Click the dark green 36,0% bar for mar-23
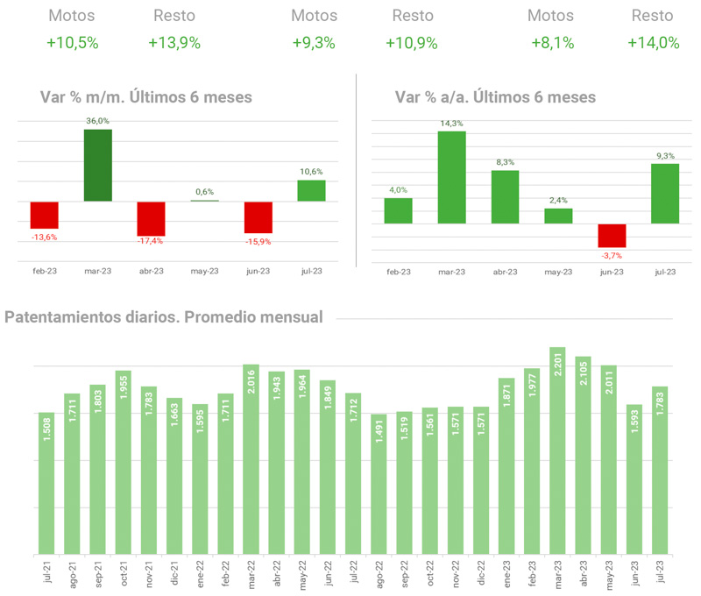click(97, 166)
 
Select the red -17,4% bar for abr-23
click(151, 217)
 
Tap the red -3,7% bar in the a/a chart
click(611, 235)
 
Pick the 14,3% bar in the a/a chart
click(451, 177)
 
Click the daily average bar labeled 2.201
click(556, 451)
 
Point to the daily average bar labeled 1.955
click(124, 462)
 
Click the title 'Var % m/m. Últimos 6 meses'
click(146, 97)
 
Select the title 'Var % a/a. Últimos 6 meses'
click(495, 97)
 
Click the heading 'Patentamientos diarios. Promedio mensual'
click(164, 316)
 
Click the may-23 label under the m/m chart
click(204, 272)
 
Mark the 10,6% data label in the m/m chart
click(311, 172)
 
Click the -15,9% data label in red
click(258, 241)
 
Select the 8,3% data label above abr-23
click(505, 162)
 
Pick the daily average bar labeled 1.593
click(633, 479)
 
